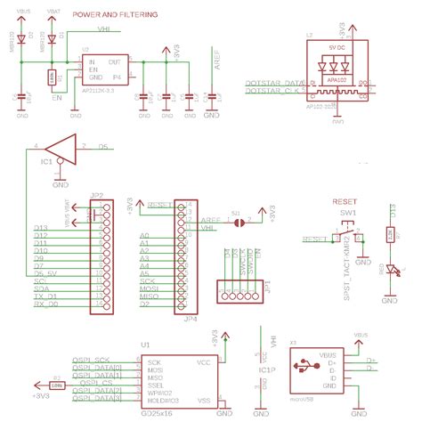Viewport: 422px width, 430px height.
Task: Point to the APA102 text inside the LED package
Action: pos(335,78)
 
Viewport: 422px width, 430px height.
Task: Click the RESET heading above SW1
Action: pos(344,201)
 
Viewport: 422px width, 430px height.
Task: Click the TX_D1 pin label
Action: pos(45,296)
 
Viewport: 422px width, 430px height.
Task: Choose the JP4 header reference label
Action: pos(189,318)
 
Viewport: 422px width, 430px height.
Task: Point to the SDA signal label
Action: pos(41,288)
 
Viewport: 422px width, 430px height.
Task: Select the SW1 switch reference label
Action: pos(348,215)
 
